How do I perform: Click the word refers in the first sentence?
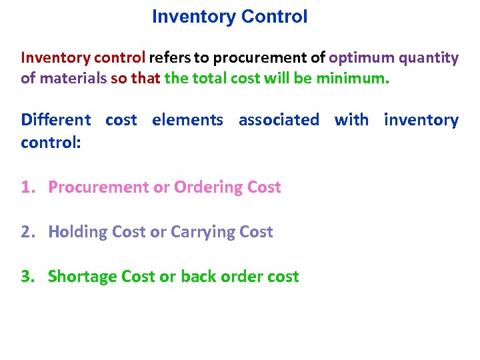point(171,58)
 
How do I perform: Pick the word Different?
point(56,120)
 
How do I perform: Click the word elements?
point(187,120)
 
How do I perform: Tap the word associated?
point(279,120)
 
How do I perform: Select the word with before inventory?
point(351,120)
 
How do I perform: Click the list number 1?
point(27,187)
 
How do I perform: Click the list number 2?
point(27,232)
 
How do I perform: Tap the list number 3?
point(27,277)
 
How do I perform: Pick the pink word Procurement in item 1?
point(99,187)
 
